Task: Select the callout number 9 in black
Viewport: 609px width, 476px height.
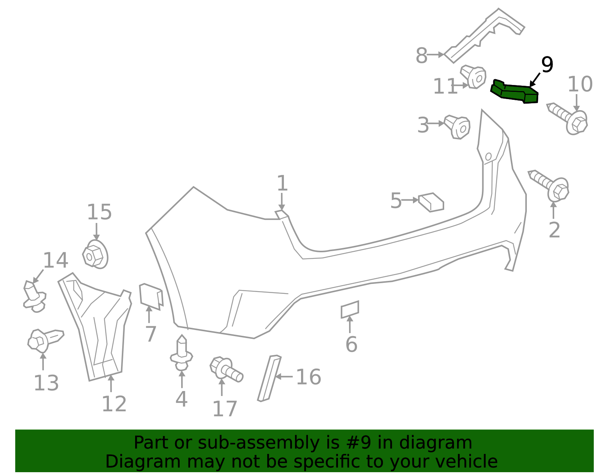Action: click(547, 65)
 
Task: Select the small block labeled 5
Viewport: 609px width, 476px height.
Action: click(431, 202)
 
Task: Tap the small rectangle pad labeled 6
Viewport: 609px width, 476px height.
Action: click(350, 309)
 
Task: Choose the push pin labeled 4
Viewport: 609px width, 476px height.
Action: click(182, 353)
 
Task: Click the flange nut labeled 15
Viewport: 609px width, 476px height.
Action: click(95, 255)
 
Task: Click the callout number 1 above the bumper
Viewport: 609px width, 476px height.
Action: click(282, 183)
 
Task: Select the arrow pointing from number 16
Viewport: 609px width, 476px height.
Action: click(284, 377)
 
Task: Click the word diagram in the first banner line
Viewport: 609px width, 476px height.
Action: click(444, 443)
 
